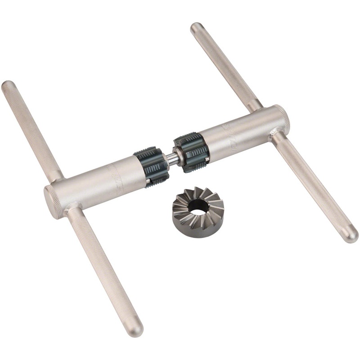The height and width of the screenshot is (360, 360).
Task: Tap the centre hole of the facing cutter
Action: tap(198, 207)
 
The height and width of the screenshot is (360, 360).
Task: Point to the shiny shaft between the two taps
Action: tap(171, 157)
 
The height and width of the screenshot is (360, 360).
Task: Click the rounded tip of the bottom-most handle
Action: tap(135, 330)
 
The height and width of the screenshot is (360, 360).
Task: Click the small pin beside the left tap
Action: tap(147, 182)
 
